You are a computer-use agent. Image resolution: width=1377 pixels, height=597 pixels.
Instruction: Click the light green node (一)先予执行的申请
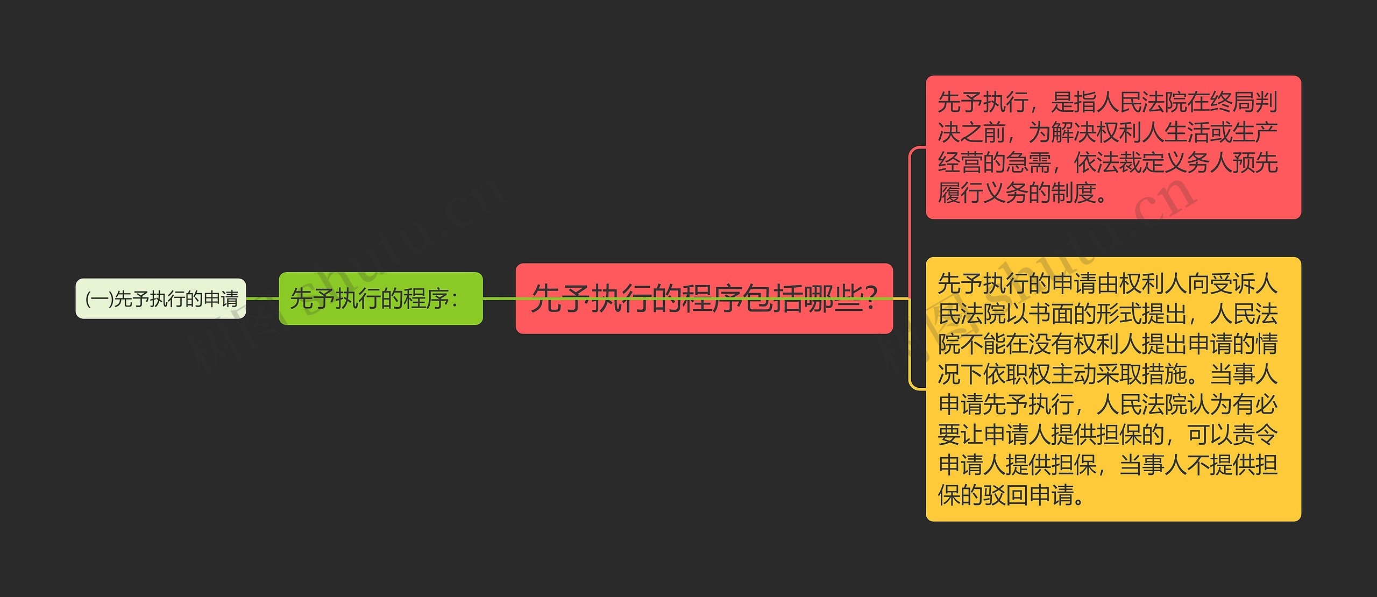pos(160,298)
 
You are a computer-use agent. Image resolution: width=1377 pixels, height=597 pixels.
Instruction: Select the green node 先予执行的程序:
pos(380,298)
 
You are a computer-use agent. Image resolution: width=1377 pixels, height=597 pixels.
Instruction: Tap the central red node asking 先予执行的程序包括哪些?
pos(704,298)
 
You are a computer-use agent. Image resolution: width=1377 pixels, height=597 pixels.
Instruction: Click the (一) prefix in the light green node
pos(100,299)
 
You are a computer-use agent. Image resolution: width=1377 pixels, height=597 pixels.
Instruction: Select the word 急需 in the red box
pos(1028,162)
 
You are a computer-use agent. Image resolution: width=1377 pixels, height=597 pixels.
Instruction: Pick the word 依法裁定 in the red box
pos(1118,162)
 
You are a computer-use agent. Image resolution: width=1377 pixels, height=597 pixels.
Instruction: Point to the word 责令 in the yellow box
pos(1254,434)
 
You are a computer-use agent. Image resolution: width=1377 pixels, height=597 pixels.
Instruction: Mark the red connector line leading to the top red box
pos(910,215)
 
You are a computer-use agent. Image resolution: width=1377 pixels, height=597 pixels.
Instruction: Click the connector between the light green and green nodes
pos(262,298)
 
